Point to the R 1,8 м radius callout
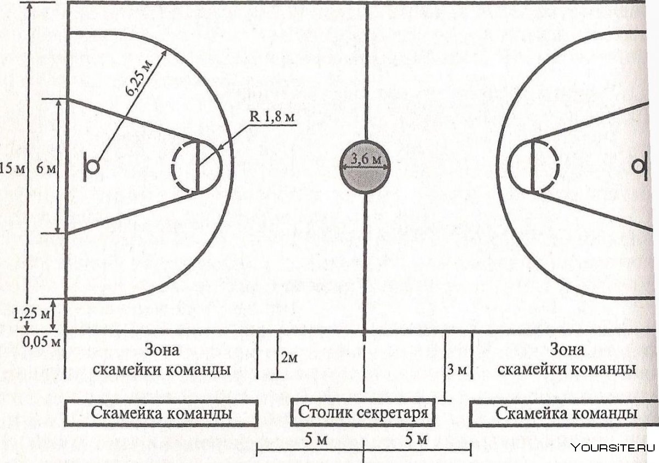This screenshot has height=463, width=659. [272, 117]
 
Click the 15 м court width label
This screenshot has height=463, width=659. [12, 169]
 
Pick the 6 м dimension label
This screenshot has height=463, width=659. [46, 169]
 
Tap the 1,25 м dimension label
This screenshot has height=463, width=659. [31, 314]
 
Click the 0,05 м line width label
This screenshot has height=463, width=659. [42, 342]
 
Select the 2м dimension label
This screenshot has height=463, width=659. [289, 358]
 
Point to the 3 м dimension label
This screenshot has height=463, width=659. [457, 370]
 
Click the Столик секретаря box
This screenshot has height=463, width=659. [363, 412]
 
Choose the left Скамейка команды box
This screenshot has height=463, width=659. [161, 413]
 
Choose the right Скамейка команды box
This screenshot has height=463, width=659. [564, 413]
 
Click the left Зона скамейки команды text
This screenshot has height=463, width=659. [161, 360]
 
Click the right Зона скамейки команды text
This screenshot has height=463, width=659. [567, 359]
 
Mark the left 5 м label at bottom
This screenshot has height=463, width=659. [316, 440]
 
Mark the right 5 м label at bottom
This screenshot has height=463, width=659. [416, 439]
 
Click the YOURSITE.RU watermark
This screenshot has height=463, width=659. [613, 448]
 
